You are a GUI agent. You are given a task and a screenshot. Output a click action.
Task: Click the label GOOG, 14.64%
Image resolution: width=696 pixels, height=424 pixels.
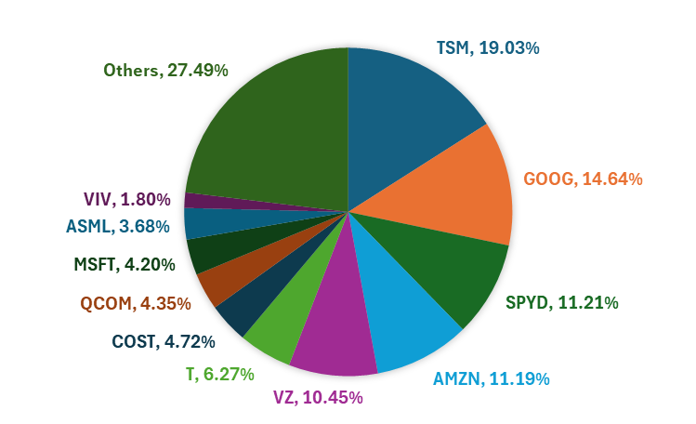(x=583, y=178)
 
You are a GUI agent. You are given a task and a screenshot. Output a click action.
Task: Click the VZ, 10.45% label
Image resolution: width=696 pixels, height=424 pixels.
(x=318, y=397)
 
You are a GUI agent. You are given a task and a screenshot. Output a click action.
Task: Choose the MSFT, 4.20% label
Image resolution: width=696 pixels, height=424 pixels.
(x=125, y=264)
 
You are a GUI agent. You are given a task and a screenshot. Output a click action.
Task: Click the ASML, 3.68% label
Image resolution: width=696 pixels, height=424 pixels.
(x=118, y=225)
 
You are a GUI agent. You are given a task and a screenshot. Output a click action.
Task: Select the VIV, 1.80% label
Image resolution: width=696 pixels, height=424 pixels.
(x=126, y=199)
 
